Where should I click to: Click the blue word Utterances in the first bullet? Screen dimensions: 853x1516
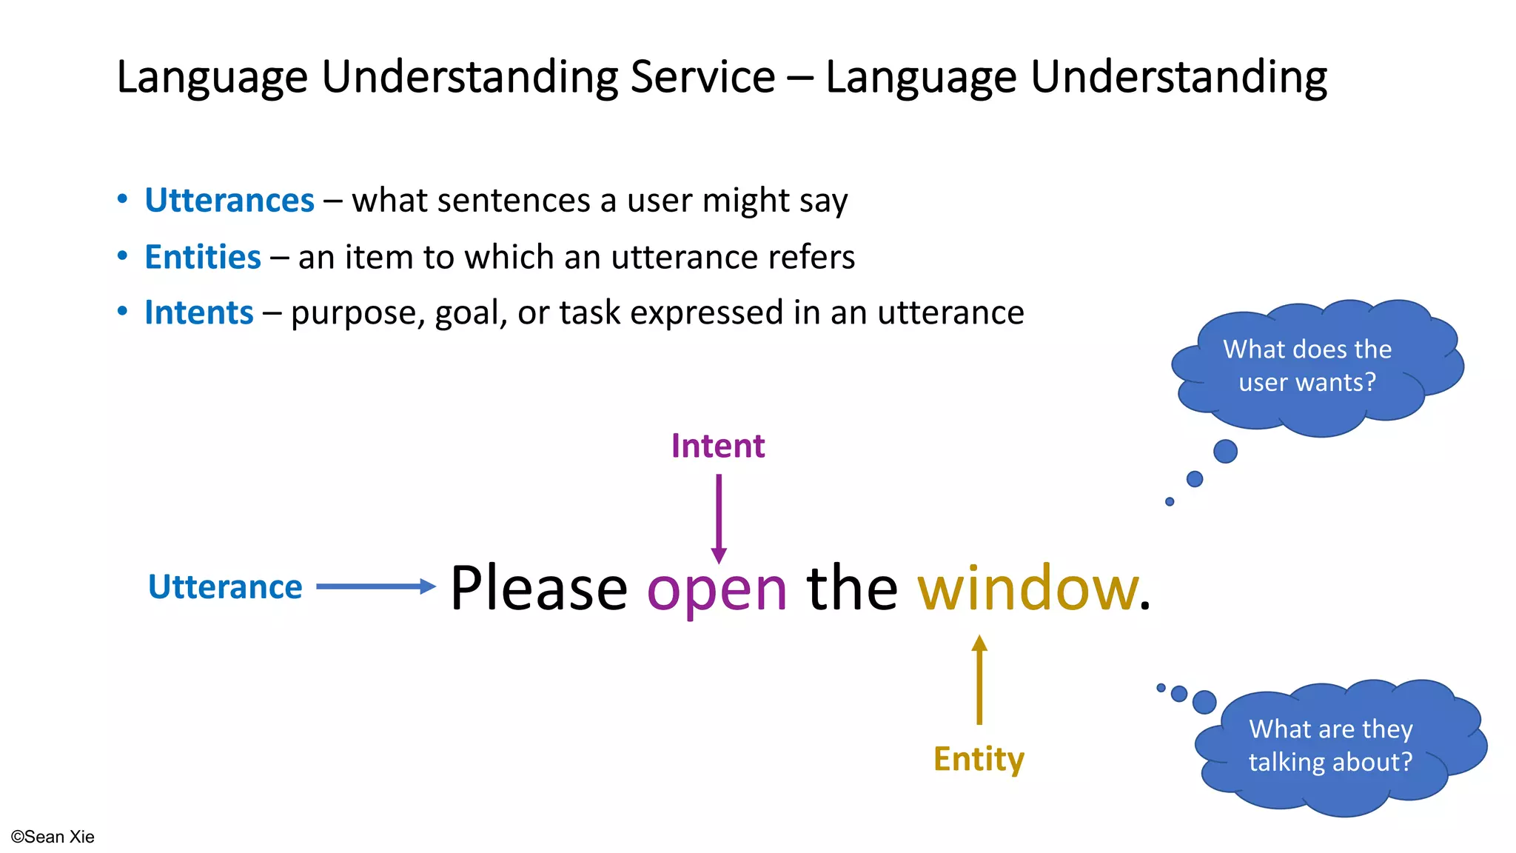(x=229, y=201)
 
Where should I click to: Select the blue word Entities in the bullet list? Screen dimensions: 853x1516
(x=203, y=257)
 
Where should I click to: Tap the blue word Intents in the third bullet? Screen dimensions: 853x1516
(x=199, y=312)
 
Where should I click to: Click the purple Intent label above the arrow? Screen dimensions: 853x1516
(x=717, y=446)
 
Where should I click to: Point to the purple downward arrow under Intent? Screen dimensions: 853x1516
(x=718, y=518)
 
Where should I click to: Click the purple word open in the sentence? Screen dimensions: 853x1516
(x=717, y=589)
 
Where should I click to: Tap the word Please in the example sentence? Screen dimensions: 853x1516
(x=539, y=588)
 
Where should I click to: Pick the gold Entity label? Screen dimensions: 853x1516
(x=979, y=759)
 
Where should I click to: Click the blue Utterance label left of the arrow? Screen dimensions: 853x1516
(x=225, y=586)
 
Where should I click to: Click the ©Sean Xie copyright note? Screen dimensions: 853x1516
(x=53, y=837)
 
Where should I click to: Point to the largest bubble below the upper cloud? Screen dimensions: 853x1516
(x=1225, y=451)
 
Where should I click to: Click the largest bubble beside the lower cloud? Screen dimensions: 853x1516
(x=1204, y=702)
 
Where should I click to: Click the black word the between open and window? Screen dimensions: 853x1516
(x=852, y=588)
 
